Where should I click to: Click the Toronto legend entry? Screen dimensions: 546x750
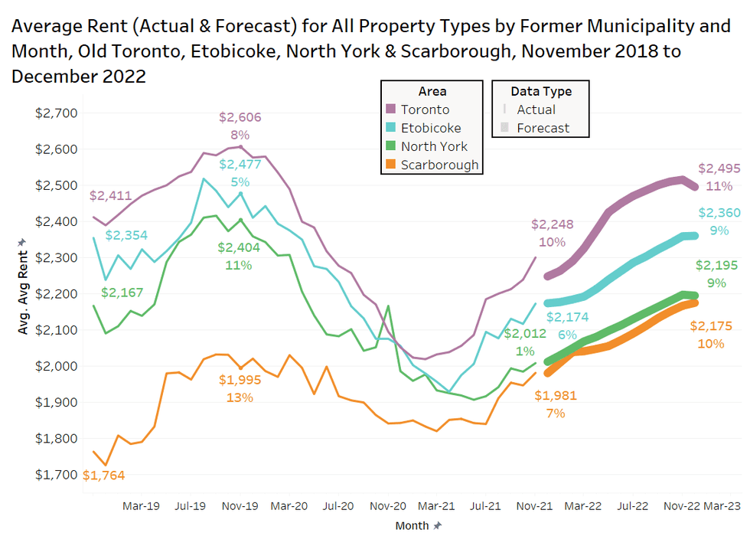tap(425, 110)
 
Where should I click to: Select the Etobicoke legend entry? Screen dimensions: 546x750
tap(431, 128)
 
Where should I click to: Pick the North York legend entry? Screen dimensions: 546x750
tap(434, 146)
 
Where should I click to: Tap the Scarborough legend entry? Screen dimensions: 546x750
tap(439, 165)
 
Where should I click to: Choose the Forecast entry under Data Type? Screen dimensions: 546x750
tap(543, 128)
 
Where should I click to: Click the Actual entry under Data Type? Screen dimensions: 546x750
tap(536, 110)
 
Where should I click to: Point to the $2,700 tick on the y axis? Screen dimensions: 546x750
tap(57, 113)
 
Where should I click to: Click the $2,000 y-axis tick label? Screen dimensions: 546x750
tap(57, 366)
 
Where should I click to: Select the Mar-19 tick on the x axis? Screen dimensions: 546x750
tap(141, 506)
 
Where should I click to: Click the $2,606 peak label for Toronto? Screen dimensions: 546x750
tap(240, 117)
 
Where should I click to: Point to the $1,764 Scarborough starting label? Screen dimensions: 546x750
tap(103, 476)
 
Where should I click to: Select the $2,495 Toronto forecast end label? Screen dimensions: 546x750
tap(719, 168)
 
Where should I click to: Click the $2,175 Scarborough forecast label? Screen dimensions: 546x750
tap(711, 326)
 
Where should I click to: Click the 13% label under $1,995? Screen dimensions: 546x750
tap(240, 397)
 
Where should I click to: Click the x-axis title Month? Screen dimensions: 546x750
tap(412, 526)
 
